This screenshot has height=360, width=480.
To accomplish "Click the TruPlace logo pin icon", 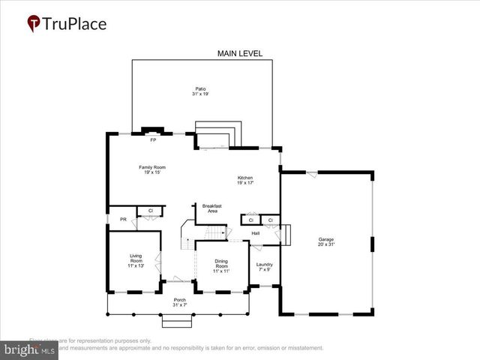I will click(34, 24).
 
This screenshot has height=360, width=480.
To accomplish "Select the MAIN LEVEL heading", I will click(240, 53).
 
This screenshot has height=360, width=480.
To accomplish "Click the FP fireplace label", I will click(153, 140).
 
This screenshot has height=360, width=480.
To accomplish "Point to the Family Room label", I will click(152, 166).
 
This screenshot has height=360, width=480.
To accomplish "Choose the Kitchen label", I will click(245, 177).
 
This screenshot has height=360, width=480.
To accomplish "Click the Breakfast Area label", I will click(210, 208).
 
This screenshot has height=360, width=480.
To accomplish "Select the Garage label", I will click(326, 239).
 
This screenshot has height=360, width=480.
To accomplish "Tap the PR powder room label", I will click(123, 219).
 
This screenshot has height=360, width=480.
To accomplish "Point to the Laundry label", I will click(264, 264).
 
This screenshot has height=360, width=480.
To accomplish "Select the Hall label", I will click(256, 233).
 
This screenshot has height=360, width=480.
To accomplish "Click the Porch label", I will click(180, 299).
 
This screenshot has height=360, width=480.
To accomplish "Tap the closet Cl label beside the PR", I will click(151, 211).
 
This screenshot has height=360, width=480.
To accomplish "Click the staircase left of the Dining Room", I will click(188, 238).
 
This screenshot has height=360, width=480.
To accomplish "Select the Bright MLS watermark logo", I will click(30, 349).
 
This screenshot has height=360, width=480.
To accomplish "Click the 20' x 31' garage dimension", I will click(326, 244).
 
